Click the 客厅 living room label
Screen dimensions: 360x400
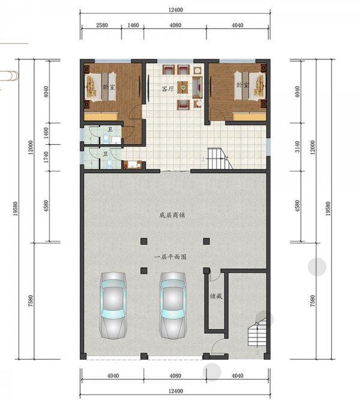click(x=168, y=89)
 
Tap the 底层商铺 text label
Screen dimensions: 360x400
click(x=172, y=215)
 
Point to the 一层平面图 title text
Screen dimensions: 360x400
click(x=170, y=257)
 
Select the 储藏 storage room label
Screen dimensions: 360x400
click(x=216, y=296)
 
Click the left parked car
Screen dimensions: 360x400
click(x=113, y=305)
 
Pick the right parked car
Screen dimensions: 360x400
click(x=172, y=305)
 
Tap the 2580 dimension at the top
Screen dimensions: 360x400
click(x=102, y=25)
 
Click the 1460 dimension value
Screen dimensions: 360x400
click(x=133, y=25)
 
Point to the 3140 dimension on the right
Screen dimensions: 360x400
click(x=298, y=147)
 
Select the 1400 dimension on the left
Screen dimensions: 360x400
click(x=46, y=133)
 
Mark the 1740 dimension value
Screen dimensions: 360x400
click(x=46, y=157)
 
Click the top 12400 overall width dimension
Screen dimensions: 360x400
click(x=176, y=10)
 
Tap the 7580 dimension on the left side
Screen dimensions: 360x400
click(x=31, y=301)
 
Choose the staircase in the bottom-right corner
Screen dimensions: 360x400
click(x=257, y=332)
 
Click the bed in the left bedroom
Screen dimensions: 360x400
click(x=100, y=87)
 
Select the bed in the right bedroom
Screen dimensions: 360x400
click(x=250, y=86)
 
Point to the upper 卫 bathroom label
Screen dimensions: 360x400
click(x=110, y=130)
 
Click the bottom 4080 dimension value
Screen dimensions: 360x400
click(x=175, y=375)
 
